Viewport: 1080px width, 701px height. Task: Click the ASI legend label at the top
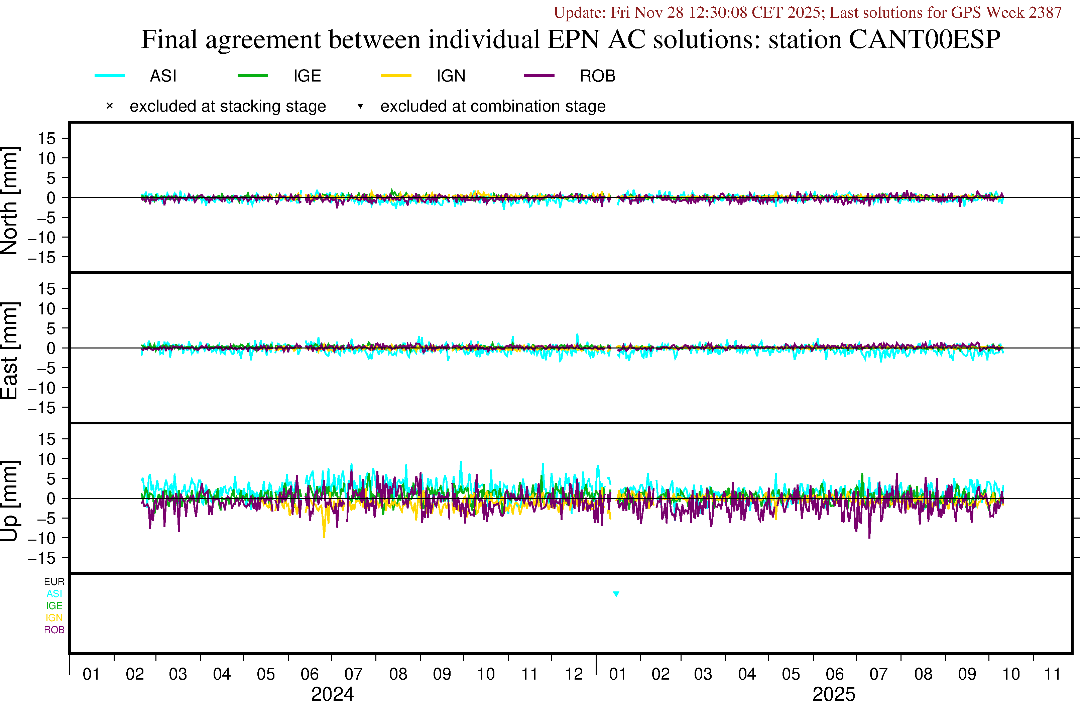coord(163,76)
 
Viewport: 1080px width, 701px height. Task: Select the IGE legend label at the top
coord(307,76)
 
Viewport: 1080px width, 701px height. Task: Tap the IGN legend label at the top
coord(451,76)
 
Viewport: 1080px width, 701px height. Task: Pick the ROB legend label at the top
coord(597,76)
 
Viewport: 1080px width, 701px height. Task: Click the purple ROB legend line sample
coord(539,75)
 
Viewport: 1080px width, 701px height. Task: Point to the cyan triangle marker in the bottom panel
coord(616,594)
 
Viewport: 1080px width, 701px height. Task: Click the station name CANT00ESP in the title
coord(924,39)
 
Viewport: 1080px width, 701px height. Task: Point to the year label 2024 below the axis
coord(332,693)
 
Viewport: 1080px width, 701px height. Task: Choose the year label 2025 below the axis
coord(834,693)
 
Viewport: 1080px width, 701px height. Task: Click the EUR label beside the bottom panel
coord(54,582)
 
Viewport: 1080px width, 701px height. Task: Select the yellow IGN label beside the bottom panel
coord(54,618)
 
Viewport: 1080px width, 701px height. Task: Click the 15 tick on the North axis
coord(46,138)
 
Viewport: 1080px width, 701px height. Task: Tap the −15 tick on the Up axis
coord(42,558)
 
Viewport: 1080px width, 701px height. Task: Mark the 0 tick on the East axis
coord(51,348)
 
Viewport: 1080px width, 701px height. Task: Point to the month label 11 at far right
coord(1052,674)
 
